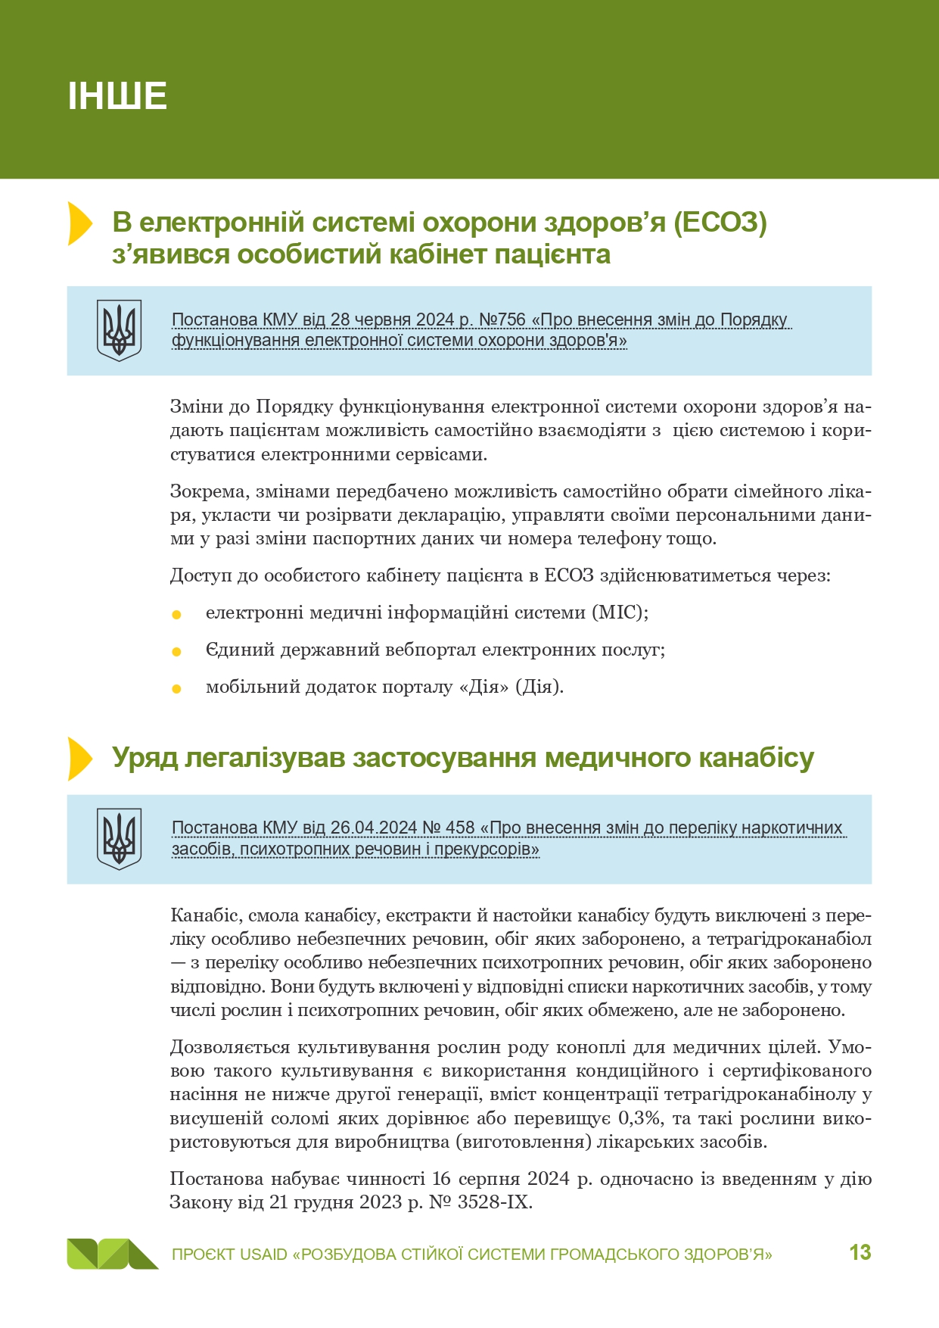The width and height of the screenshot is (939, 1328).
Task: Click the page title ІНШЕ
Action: click(x=117, y=96)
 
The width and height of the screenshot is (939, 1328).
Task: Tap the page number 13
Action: click(x=860, y=1252)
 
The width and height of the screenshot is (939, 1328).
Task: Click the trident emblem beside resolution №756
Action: click(x=119, y=330)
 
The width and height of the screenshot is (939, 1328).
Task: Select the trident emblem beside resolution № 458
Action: click(x=119, y=838)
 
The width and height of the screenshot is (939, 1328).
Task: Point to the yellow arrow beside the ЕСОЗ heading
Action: click(x=79, y=223)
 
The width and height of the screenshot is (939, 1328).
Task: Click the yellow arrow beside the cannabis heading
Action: click(x=79, y=758)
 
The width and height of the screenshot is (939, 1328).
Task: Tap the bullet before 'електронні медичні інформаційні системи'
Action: click(x=176, y=615)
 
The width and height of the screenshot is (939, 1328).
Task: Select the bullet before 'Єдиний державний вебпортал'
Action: click(x=176, y=652)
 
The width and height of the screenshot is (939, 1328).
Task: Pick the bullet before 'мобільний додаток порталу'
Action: click(x=176, y=689)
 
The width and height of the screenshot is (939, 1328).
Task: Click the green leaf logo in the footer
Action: click(x=112, y=1254)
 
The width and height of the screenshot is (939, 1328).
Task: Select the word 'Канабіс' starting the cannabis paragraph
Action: click(x=197, y=915)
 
